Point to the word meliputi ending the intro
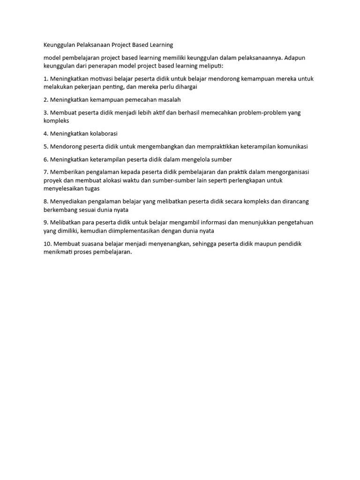[211, 66]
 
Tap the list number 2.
[45, 100]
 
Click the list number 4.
[45, 134]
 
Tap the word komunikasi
[291, 146]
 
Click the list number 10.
[47, 244]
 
